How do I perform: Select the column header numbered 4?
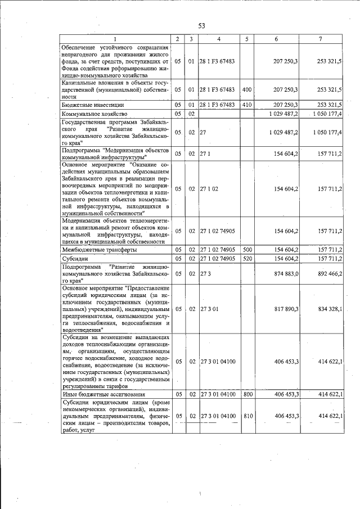pyautogui.click(x=219, y=39)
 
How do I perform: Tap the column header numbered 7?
pyautogui.click(x=320, y=39)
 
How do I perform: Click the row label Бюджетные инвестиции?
pyautogui.click(x=93, y=105)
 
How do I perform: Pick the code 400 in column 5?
pyautogui.click(x=246, y=89)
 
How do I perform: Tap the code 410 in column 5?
pyautogui.click(x=246, y=105)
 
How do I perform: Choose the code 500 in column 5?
pyautogui.click(x=246, y=249)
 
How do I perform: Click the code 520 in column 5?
pyautogui.click(x=246, y=259)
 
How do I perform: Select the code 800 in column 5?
pyautogui.click(x=246, y=395)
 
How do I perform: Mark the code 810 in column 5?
pyautogui.click(x=246, y=416)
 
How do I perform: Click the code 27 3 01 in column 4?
pyautogui.click(x=208, y=309)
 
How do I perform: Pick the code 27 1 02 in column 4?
pyautogui.click(x=208, y=189)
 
